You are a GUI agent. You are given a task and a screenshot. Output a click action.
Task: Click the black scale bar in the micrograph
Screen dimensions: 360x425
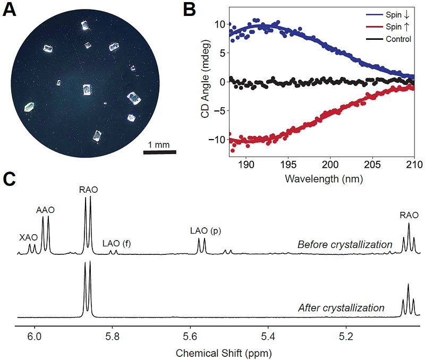coord(160,153)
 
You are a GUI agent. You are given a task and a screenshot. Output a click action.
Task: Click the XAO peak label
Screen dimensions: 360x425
coord(29,237)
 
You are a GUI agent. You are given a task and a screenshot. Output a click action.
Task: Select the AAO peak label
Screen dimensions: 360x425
coord(46,210)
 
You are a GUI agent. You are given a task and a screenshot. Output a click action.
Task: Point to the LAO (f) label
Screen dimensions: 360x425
coord(116,244)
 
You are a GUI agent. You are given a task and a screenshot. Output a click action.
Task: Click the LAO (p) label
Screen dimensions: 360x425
coord(205,231)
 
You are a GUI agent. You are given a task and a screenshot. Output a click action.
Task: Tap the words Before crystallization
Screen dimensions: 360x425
coord(344,245)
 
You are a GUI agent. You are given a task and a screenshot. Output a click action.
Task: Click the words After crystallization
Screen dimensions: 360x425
coord(341,307)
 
